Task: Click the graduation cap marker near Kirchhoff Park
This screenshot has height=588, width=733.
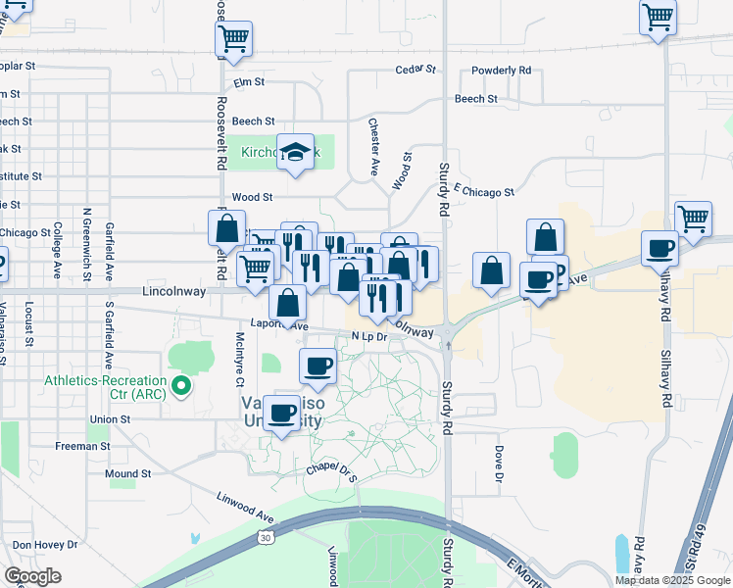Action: [x=295, y=152]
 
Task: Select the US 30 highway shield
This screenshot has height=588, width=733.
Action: [x=267, y=537]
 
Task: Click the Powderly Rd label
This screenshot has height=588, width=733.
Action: [x=501, y=71]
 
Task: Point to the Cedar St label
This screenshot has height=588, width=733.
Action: [x=415, y=70]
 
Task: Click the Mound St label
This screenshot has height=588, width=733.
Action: [x=127, y=473]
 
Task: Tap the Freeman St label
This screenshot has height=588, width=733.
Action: [x=83, y=446]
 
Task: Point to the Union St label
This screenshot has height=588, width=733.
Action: [x=110, y=419]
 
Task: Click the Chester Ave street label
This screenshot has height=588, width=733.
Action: [x=373, y=134]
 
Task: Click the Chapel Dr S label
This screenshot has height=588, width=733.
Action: [x=329, y=468]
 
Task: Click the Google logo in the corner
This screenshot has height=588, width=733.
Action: [x=33, y=576]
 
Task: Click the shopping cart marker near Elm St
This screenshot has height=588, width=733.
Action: [x=234, y=39]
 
